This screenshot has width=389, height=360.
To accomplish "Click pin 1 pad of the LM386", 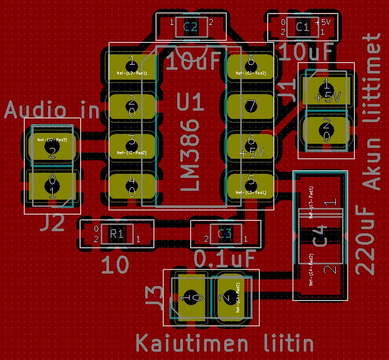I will pyautogui.click(x=131, y=66).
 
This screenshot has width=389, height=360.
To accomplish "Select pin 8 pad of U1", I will pyautogui.click(x=251, y=66).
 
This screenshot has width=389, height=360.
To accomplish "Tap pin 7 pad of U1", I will pyautogui.click(x=251, y=107).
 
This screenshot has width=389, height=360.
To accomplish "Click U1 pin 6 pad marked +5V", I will pyautogui.click(x=251, y=146).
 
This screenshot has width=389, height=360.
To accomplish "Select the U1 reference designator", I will pyautogui.click(x=191, y=102).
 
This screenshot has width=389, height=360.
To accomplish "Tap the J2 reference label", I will pyautogui.click(x=53, y=223).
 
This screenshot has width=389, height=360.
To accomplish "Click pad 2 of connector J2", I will pyautogui.click(x=52, y=147).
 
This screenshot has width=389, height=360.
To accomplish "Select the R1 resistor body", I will pyautogui.click(x=116, y=234).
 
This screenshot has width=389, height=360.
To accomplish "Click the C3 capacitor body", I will pyautogui.click(x=225, y=233).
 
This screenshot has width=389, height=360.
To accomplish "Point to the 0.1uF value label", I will pyautogui.click(x=225, y=257).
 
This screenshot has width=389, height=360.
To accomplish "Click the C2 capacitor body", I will pyautogui.click(x=190, y=26).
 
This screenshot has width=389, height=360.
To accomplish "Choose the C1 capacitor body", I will pyautogui.click(x=302, y=26).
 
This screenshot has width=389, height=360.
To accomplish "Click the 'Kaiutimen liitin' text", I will pyautogui.click(x=225, y=342).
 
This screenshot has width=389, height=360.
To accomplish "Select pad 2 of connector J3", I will pyautogui.click(x=229, y=299).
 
